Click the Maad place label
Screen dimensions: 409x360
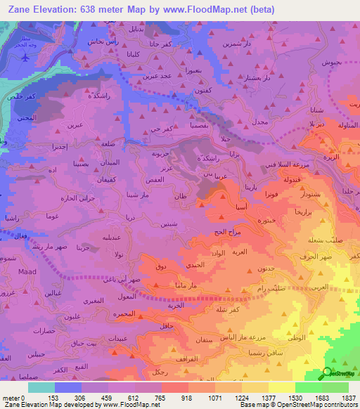13,272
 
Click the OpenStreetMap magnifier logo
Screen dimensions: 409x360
327,373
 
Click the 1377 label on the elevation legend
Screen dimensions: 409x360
269,398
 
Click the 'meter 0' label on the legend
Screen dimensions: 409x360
14,398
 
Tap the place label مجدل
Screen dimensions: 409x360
259,123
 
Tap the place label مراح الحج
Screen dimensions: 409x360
226,232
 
